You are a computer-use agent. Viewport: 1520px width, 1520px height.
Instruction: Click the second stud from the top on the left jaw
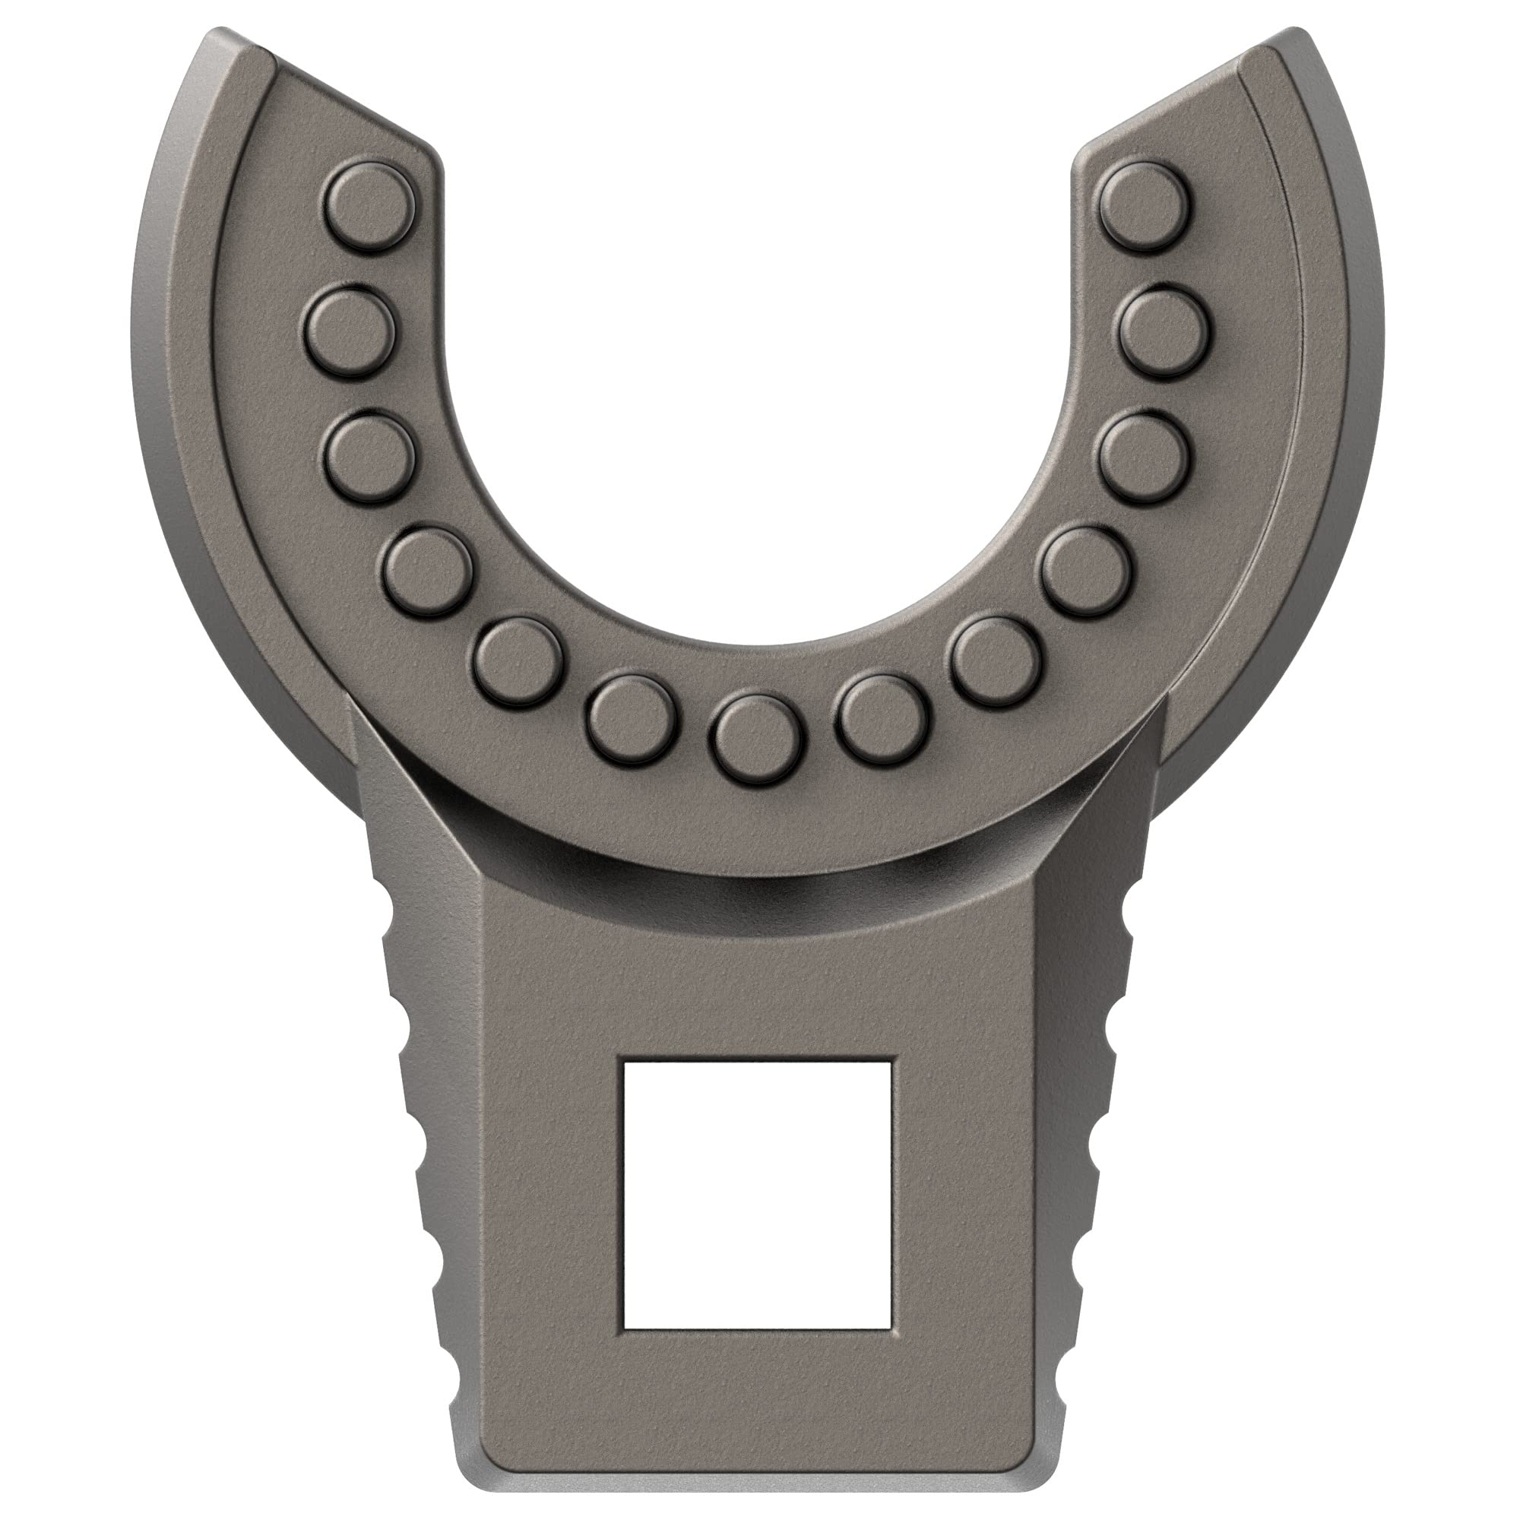click(x=347, y=330)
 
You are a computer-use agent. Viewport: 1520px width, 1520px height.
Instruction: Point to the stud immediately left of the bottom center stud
click(x=632, y=718)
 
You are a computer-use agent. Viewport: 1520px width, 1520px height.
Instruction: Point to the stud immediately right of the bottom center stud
click(x=881, y=717)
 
